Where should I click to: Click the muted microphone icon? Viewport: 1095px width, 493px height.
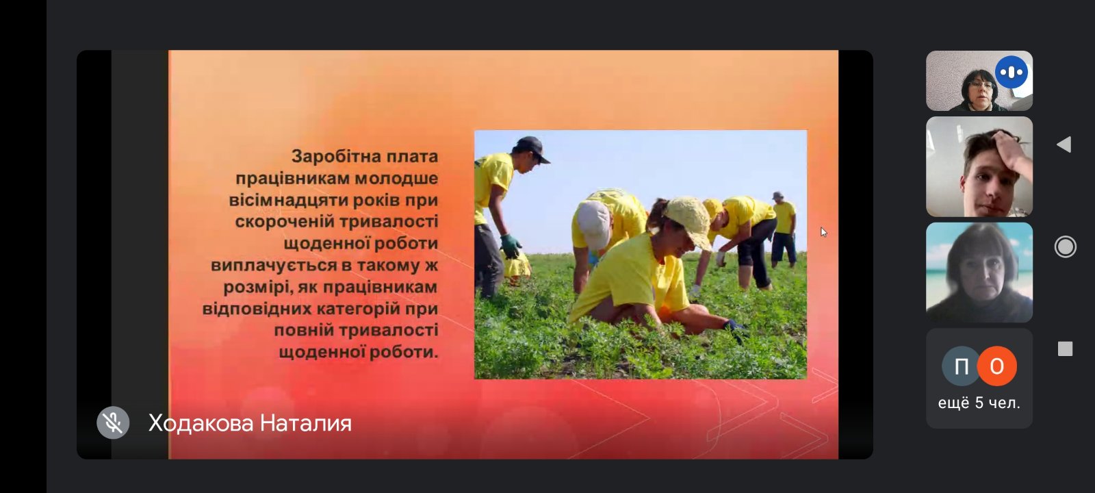click(x=113, y=422)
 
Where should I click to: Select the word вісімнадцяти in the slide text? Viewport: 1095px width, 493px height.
click(x=288, y=200)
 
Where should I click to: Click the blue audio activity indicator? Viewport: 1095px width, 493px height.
click(x=1011, y=73)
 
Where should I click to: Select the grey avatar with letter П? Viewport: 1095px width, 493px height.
click(x=961, y=366)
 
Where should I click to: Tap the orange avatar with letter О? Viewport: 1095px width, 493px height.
click(x=996, y=366)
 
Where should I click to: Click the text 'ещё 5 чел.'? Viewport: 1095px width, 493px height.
click(x=979, y=403)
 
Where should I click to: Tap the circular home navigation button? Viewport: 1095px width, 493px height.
click(x=1065, y=246)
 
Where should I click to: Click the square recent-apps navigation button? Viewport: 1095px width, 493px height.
click(x=1065, y=349)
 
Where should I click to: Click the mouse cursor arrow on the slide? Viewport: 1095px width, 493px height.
click(x=824, y=232)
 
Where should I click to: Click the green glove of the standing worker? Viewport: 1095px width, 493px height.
click(x=511, y=246)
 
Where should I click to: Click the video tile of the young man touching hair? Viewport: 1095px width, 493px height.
click(x=979, y=166)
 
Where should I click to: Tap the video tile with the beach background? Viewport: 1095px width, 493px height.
click(x=979, y=273)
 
